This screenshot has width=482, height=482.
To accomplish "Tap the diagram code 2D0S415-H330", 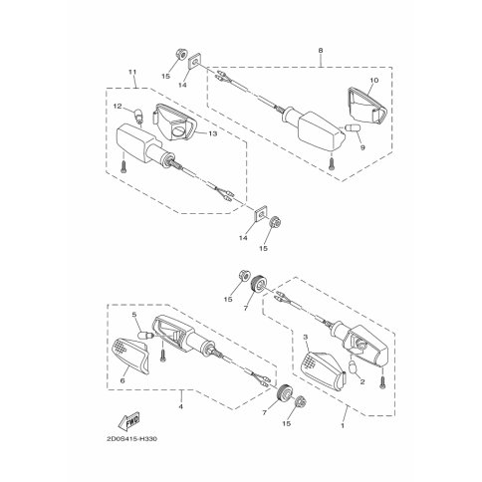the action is pos(131,439).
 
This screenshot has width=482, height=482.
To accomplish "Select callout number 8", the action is pos(321,51).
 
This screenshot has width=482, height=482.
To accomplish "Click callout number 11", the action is pos(132,72).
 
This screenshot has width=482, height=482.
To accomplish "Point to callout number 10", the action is pos(374,80).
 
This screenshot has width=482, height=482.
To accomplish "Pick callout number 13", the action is pos(213,133).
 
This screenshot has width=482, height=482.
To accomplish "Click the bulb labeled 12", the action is pos(138,116).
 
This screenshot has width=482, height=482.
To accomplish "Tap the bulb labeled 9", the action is pos(351,127).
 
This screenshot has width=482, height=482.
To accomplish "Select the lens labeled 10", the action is pos(367,105).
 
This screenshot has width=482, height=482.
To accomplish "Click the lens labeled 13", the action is pos(175,122).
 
